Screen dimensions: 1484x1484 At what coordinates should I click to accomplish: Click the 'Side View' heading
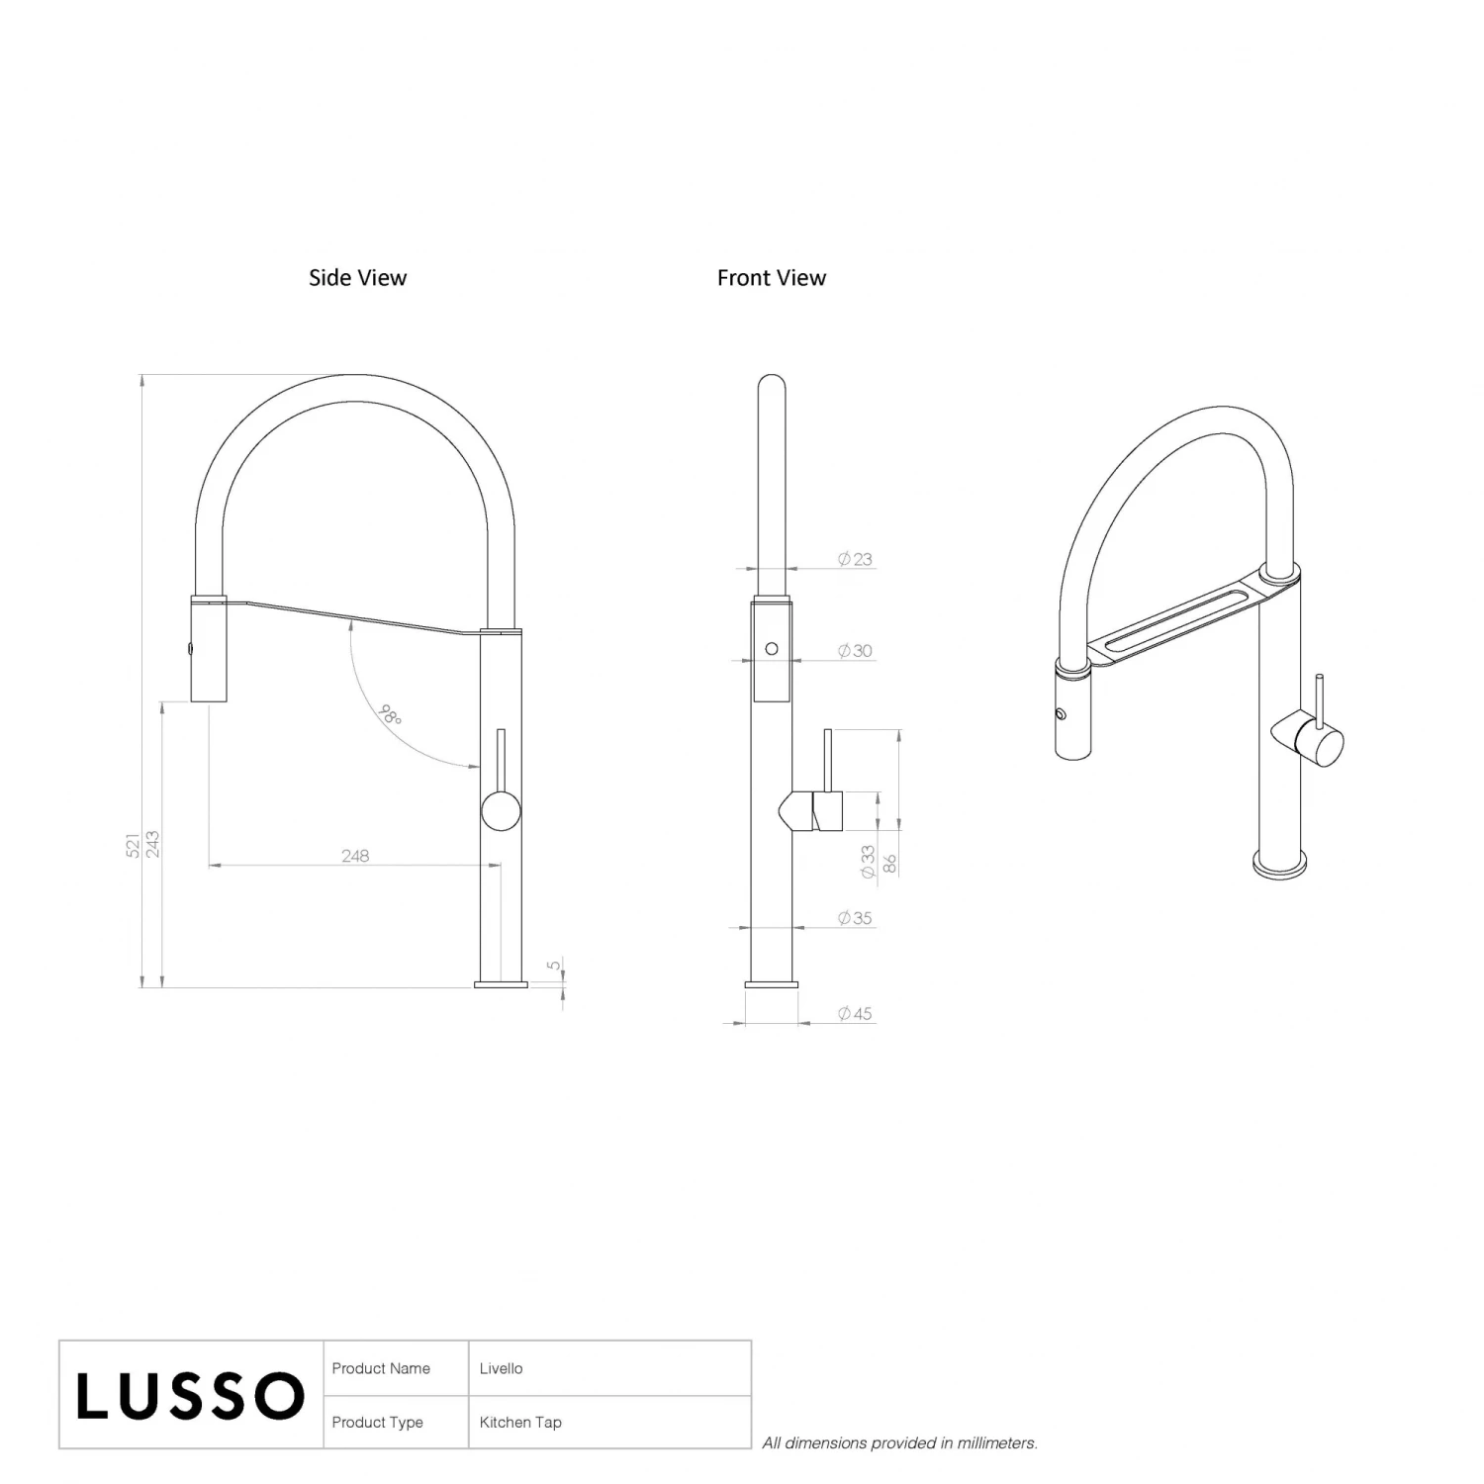(x=357, y=278)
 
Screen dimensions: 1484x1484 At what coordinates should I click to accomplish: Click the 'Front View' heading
(x=772, y=278)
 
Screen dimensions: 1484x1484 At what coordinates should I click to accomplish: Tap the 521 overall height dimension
(x=133, y=845)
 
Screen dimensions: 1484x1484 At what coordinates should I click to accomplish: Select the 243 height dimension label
(x=152, y=844)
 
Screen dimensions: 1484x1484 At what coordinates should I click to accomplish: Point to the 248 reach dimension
(x=355, y=856)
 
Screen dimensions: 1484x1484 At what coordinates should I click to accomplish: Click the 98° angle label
(x=392, y=714)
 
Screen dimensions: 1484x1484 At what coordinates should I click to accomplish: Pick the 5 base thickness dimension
(x=554, y=965)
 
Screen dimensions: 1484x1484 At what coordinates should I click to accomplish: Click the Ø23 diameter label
(x=855, y=559)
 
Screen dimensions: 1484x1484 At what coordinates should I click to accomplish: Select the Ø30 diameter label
(x=855, y=651)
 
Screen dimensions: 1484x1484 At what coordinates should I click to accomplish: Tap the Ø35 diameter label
(x=855, y=918)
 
